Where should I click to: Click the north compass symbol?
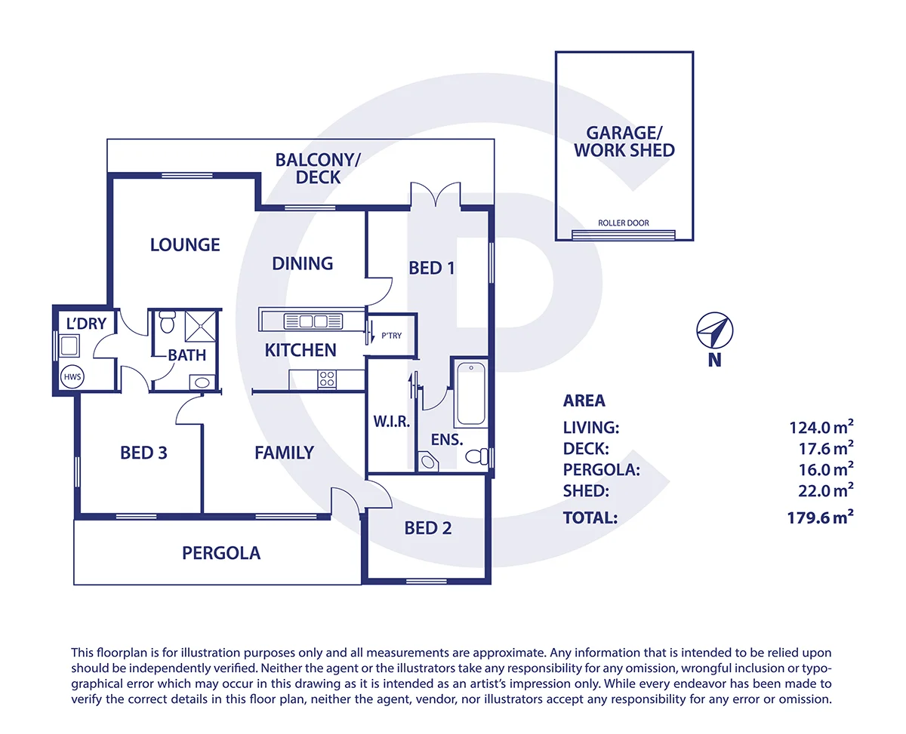tap(714, 330)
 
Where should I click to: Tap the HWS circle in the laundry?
tap(71, 376)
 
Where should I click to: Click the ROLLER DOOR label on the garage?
tap(623, 223)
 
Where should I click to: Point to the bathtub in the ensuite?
tap(470, 394)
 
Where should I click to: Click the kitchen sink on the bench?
tap(305, 321)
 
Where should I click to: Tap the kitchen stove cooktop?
tap(327, 379)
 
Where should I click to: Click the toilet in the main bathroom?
tap(167, 322)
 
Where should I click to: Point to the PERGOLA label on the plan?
tap(221, 554)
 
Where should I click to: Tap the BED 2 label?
tap(428, 528)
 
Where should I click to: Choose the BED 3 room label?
tap(143, 453)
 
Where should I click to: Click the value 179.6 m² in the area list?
tap(820, 517)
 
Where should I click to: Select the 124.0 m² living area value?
tap(820, 428)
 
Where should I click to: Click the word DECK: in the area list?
tap(586, 449)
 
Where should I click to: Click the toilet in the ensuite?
tap(476, 456)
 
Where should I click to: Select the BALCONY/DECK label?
tap(318, 168)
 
